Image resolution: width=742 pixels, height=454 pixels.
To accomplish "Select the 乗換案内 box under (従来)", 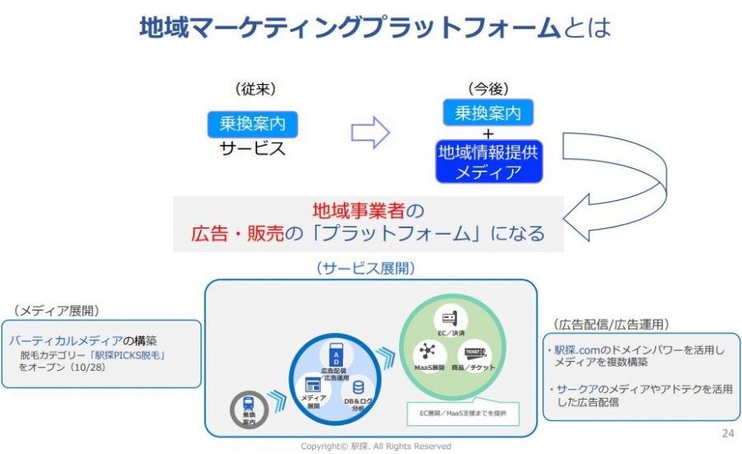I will click(251, 125).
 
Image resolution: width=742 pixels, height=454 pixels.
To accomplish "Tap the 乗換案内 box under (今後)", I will click(488, 112).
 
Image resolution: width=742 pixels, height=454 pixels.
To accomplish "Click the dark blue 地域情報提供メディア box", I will click(489, 161).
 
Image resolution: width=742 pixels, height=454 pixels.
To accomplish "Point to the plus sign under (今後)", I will click(488, 133).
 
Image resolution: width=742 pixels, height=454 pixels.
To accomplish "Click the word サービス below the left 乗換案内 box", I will click(252, 149).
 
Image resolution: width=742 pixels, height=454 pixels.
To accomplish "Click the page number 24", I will click(727, 434).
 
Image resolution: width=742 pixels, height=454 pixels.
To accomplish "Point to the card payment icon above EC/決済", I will click(450, 318).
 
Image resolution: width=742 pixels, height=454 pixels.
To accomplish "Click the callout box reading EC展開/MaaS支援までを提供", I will click(463, 412).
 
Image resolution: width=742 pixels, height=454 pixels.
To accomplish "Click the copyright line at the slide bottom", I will click(371, 446).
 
